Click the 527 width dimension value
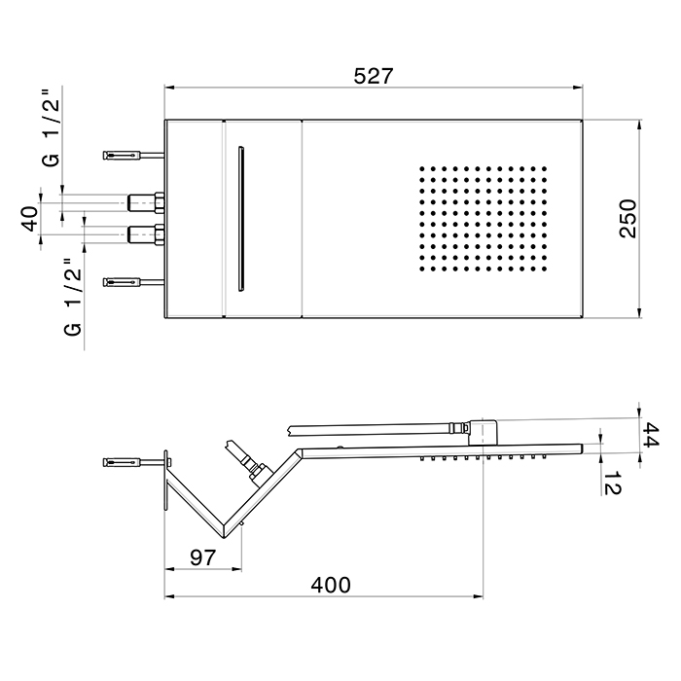pos(374,76)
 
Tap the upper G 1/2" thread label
pos(51,133)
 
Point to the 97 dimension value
pos(201,557)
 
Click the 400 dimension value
pos(330,585)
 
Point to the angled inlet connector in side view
pos(245,459)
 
